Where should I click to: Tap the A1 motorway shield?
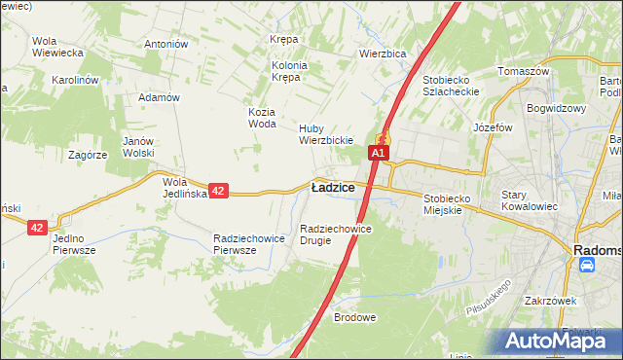click(x=379, y=153)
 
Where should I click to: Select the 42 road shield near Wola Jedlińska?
click(x=218, y=192)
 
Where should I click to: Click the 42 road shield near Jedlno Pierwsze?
click(x=37, y=227)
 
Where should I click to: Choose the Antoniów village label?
click(x=165, y=44)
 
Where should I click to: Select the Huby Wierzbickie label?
click(x=325, y=133)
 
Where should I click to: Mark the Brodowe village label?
click(x=354, y=318)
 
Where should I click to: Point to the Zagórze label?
click(x=87, y=154)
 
